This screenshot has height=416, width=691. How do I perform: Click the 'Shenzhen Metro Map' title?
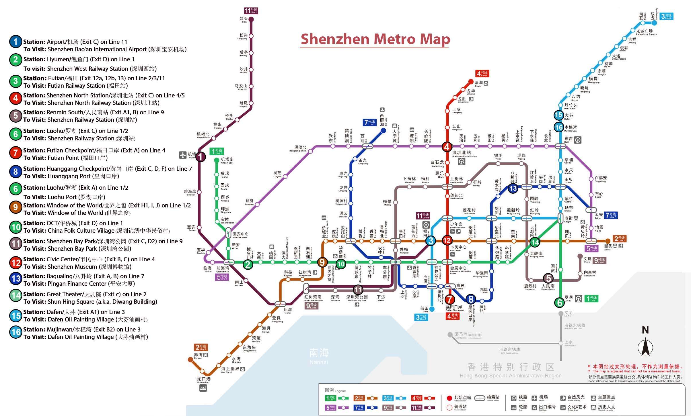point(375,39)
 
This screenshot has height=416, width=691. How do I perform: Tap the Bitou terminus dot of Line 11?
point(251,19)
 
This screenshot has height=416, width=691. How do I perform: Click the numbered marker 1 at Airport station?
point(201,156)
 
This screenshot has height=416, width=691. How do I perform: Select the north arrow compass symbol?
point(645,346)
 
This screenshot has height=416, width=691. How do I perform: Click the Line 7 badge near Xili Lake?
point(370,123)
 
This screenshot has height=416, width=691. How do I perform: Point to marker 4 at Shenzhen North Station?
point(447,147)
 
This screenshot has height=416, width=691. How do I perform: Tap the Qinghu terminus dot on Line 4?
point(471,82)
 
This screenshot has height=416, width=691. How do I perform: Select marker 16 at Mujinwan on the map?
point(559,127)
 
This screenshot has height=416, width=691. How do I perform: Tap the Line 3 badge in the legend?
point(388,398)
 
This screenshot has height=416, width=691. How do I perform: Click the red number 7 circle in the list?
point(15,153)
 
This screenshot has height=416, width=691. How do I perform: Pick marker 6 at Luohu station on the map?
point(559,302)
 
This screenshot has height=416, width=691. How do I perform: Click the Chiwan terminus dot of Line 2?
point(190,360)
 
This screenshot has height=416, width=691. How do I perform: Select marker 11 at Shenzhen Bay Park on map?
point(358,289)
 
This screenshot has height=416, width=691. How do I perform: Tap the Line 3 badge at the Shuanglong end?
point(666,16)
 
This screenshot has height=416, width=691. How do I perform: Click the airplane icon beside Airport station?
point(183,155)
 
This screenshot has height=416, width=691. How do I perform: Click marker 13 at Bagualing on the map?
point(513,188)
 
